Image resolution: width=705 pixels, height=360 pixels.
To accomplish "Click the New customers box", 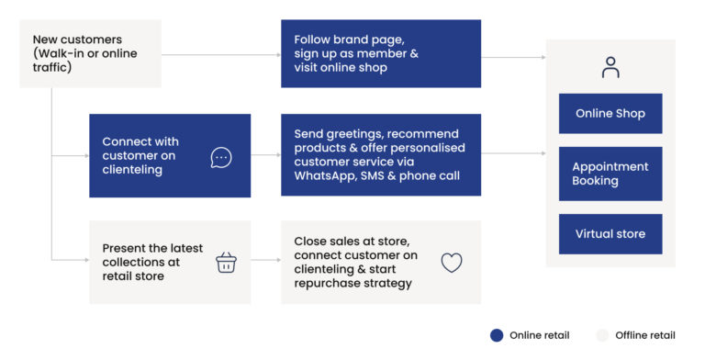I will (90, 53).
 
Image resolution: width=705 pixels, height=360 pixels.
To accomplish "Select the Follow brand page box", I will (380, 53).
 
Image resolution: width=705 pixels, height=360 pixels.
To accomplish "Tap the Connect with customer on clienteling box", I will (169, 155).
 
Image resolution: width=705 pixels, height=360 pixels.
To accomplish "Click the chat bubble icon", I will (221, 157).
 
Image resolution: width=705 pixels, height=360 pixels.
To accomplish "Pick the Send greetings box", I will (380, 154).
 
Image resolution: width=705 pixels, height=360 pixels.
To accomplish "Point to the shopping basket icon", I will (226, 263).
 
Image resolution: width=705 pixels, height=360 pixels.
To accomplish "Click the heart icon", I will (451, 263).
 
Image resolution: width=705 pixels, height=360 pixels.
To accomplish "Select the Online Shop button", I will (610, 114).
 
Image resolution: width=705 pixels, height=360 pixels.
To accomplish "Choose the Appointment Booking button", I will (610, 174).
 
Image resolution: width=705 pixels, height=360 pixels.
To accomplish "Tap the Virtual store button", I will (610, 234).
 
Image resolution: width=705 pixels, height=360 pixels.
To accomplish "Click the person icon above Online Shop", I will (610, 67).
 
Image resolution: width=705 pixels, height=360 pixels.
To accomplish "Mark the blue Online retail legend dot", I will (497, 335).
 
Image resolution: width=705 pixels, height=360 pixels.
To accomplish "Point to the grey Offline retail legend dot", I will (603, 335).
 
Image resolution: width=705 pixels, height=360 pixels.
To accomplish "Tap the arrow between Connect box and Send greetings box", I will (266, 156).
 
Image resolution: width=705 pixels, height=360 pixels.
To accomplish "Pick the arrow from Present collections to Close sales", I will (266, 261).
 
